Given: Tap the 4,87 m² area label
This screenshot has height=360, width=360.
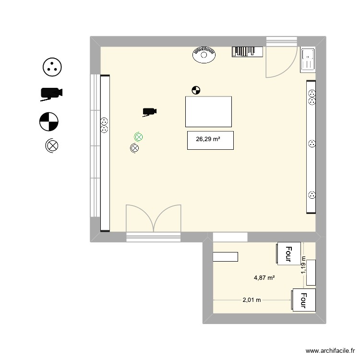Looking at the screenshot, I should coord(264,277).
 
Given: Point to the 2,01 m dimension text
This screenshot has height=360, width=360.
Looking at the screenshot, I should coord(252,300).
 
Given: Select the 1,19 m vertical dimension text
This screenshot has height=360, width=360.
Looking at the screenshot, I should coord(303,264).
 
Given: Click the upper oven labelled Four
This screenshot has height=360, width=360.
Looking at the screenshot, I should coord(288,253).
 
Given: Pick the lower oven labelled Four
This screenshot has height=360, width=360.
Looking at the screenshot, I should coord(303,300).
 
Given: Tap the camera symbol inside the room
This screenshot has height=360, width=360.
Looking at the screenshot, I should coord(149,112).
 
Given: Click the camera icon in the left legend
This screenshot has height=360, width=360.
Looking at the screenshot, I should coord(51,94).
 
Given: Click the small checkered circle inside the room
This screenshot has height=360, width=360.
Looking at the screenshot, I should coord(195,89).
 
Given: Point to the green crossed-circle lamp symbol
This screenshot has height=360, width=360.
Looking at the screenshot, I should coord(138,137).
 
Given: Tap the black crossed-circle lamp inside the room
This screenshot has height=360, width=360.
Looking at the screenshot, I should coord(134,148).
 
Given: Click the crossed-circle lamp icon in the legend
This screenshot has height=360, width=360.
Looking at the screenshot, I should coord(51,145).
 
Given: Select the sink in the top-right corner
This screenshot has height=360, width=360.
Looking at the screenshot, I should coord(307,60).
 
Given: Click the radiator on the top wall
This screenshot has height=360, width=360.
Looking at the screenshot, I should coord(247,51).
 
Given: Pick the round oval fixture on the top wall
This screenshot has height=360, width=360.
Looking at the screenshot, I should coord(204,54).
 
